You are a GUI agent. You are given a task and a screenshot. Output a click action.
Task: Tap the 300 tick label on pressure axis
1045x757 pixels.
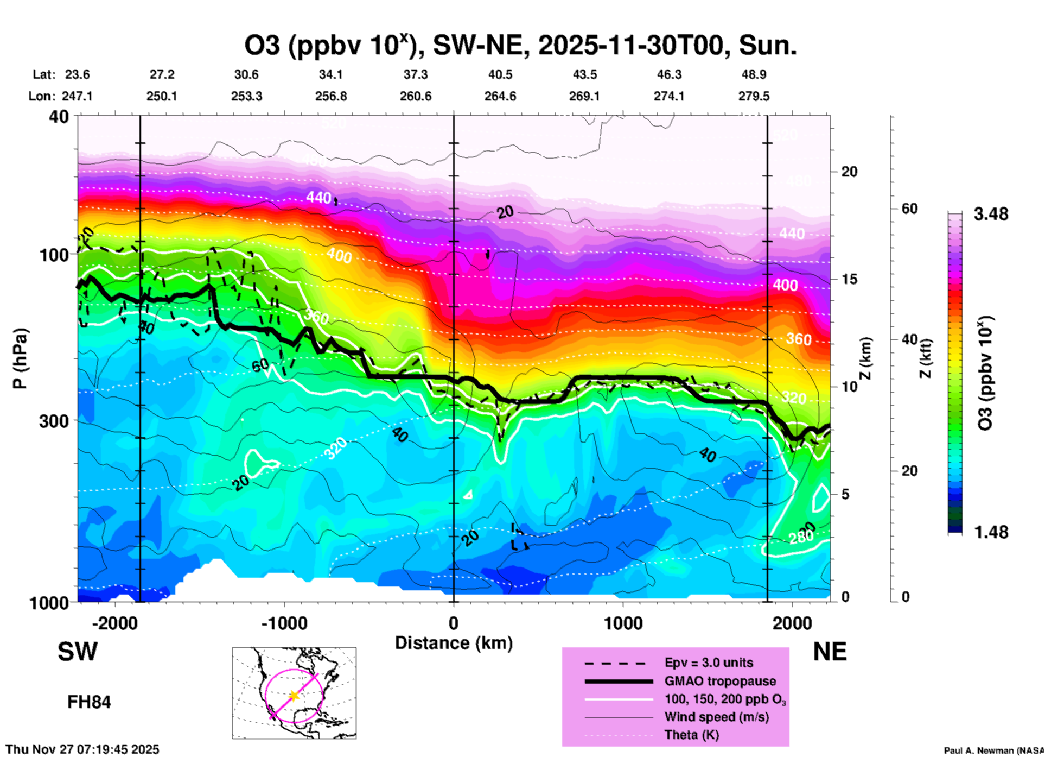tap(54, 421)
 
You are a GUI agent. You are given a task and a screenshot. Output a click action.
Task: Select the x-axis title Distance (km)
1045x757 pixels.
tap(454, 643)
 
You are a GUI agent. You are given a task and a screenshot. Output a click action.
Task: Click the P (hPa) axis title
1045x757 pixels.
tap(20, 358)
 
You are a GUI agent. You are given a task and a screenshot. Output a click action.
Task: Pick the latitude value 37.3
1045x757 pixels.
tap(415, 74)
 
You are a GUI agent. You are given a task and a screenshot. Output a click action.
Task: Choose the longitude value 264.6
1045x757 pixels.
tap(500, 97)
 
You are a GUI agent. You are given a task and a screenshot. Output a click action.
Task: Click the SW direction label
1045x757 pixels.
tap(78, 652)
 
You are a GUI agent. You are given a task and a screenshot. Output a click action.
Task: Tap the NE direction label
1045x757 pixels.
tap(830, 652)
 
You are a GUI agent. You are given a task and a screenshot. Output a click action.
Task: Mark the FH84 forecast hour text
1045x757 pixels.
tap(89, 702)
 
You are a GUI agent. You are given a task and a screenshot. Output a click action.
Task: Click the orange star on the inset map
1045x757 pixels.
tap(294, 696)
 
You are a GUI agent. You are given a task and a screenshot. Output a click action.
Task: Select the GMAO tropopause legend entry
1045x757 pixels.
tap(720, 681)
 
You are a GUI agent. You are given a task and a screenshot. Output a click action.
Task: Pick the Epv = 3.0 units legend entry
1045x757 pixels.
tap(709, 663)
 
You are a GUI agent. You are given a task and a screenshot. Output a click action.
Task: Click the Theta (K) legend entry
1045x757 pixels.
tap(691, 735)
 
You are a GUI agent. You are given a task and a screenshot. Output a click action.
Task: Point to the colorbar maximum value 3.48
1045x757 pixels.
tap(991, 214)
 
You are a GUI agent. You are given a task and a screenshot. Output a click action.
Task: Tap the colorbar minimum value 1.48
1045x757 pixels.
tap(991, 532)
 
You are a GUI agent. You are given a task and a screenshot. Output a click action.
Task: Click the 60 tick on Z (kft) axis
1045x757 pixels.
tap(909, 209)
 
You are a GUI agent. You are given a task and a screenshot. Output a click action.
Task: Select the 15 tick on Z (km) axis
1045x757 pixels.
tap(849, 279)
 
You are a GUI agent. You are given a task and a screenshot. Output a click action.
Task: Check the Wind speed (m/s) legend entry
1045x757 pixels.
tap(716, 717)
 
